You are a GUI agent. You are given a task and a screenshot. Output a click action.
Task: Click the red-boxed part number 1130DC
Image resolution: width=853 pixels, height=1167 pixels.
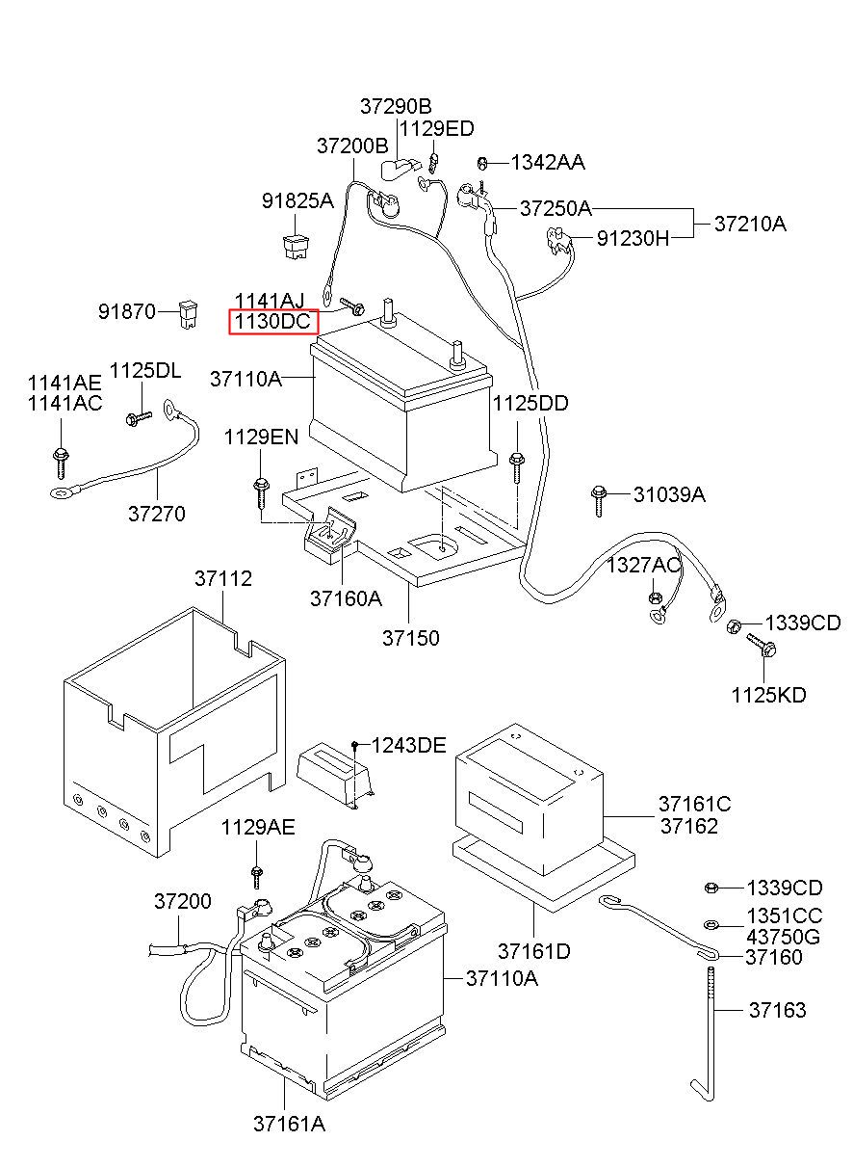tap(272, 321)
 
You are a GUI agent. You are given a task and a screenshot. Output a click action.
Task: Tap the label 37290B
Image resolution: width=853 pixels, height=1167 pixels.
tap(396, 106)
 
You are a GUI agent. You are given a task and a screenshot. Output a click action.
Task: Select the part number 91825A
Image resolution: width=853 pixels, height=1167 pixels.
tap(297, 200)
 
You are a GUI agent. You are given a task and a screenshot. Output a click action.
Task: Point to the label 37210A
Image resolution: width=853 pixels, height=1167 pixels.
tap(750, 224)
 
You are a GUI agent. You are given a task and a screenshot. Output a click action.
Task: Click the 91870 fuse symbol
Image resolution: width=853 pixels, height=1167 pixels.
tap(188, 314)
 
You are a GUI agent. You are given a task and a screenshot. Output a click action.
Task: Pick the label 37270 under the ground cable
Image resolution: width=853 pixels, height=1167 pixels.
tap(157, 514)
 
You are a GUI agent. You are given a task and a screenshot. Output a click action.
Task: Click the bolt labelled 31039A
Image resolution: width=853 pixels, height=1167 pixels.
tap(599, 501)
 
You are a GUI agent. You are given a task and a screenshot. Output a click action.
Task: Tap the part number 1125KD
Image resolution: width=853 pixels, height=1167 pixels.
tap(768, 695)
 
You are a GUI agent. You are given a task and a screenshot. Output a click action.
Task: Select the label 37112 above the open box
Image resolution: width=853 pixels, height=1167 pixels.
tap(223, 578)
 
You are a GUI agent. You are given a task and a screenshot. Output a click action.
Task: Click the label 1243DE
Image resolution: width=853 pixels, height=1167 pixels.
tap(408, 746)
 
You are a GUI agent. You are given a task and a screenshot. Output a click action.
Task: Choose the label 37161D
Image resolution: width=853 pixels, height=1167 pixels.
tap(534, 951)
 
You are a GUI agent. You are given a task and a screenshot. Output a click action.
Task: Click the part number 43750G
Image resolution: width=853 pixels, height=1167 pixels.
tap(784, 938)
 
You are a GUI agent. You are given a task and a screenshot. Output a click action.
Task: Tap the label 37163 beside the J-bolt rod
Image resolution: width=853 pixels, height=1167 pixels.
tap(778, 1010)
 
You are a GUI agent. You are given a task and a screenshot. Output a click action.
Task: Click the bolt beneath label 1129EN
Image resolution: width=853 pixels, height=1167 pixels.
tap(261, 492)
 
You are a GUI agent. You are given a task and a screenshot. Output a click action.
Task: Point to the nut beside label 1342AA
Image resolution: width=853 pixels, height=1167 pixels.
tap(482, 164)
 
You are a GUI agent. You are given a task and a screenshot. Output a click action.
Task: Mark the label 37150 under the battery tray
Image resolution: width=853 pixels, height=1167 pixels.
tap(411, 638)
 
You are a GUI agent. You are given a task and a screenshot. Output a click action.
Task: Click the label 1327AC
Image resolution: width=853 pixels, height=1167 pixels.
tap(643, 565)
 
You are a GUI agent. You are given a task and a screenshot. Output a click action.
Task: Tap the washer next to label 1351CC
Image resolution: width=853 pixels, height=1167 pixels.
tap(711, 925)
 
